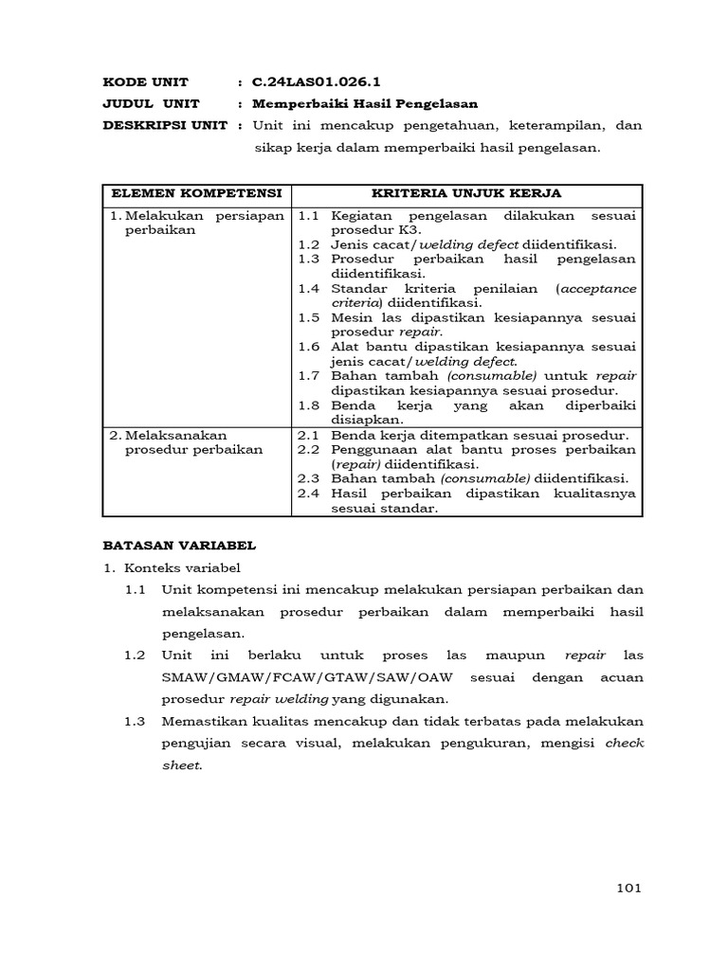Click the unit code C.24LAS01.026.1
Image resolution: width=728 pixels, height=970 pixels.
(318, 81)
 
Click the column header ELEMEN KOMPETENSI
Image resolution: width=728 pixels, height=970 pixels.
(196, 193)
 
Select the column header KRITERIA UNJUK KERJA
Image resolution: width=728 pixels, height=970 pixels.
(466, 193)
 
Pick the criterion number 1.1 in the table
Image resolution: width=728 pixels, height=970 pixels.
(308, 216)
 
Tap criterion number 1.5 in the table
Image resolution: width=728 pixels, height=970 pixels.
(308, 316)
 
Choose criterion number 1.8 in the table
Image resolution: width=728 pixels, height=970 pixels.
(308, 404)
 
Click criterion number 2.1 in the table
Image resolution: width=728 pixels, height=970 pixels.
(308, 435)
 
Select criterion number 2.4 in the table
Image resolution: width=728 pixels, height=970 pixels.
(308, 493)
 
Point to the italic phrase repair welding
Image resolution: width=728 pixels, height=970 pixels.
(279, 699)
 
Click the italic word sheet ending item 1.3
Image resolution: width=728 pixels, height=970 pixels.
(181, 764)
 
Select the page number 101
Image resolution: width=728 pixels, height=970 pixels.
(628, 888)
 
